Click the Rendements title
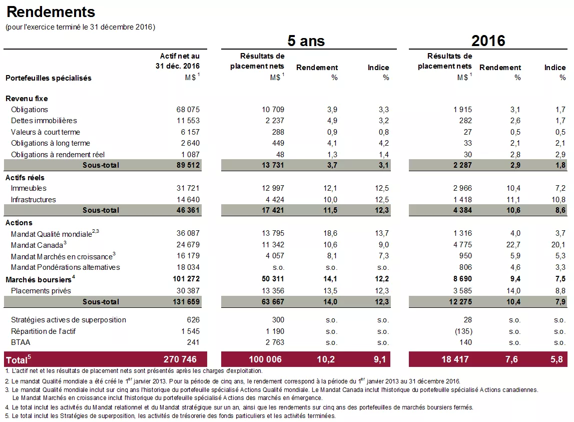click(51, 12)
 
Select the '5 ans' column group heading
click(306, 41)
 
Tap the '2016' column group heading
click(488, 41)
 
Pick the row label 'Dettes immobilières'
click(44, 121)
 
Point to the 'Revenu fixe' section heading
click(27, 99)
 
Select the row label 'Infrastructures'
click(33, 200)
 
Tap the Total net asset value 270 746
click(180, 359)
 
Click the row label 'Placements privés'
click(41, 291)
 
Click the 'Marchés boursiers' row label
click(38, 279)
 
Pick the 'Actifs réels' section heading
click(25, 178)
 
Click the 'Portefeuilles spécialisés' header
click(48, 78)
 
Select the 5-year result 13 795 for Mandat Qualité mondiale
click(273, 233)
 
